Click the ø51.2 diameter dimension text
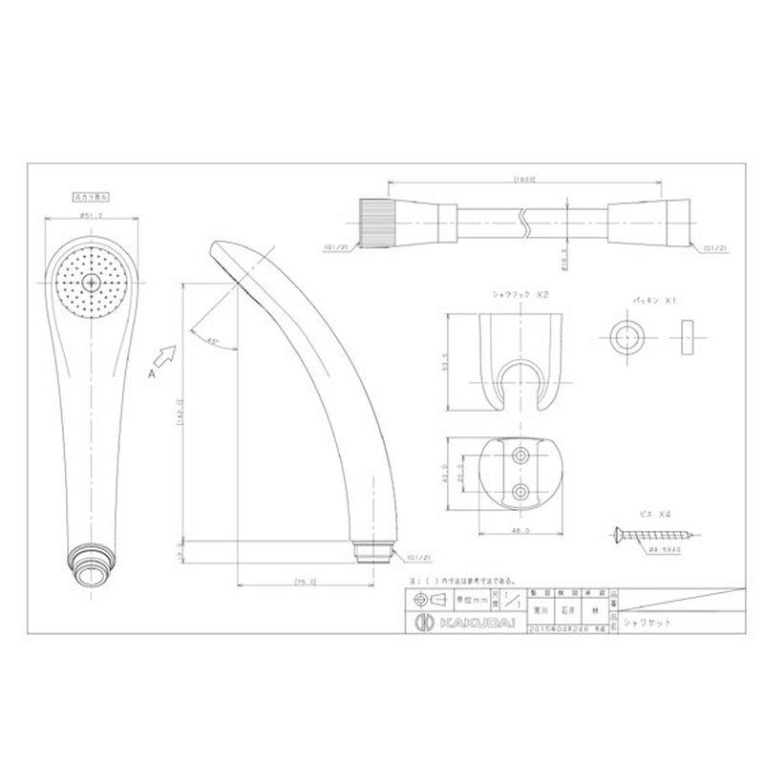coord(92,216)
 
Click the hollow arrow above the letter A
coord(164,358)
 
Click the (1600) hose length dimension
coord(523,179)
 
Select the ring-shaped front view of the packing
coord(626,337)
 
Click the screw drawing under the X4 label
coord(641,533)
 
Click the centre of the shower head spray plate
coord(92,283)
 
